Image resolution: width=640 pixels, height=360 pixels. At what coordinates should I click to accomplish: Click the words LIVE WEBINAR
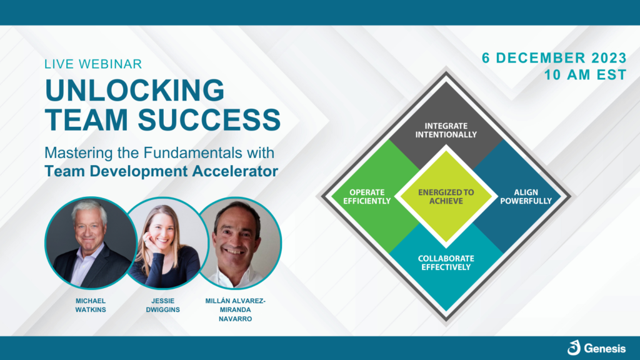pos(93,64)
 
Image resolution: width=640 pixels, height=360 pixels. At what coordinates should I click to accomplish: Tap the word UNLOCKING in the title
pos(135,90)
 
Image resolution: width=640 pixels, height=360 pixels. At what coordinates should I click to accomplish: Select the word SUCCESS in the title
pos(209,119)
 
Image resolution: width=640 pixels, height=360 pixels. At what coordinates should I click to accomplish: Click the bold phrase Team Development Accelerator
pos(161,171)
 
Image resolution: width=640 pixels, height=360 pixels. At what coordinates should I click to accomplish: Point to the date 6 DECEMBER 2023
pos(554,58)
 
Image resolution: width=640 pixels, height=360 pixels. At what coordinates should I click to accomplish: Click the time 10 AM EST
pos(585,75)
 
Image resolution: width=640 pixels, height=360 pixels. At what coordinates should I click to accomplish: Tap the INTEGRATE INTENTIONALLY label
pos(446,130)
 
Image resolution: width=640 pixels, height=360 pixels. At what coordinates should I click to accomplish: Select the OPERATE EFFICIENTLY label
pos(367,197)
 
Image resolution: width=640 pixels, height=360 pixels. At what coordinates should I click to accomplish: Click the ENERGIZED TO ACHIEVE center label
pos(446,197)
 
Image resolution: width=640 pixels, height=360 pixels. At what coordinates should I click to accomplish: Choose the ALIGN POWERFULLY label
pos(526,197)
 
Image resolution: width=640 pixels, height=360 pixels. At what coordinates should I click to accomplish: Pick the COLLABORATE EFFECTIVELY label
pos(446,263)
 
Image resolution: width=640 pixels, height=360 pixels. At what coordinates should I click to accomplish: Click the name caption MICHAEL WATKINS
pos(91,305)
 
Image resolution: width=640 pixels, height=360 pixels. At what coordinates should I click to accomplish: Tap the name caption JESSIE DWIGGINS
pos(163,305)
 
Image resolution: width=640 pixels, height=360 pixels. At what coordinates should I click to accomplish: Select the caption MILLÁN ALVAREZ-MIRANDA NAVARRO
pos(236,310)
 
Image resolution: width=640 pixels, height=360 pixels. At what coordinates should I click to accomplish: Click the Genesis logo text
pos(604,349)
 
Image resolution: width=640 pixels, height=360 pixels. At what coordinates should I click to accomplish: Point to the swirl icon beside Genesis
pos(574,347)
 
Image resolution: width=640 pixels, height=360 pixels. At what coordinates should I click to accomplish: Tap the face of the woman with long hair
pos(162,232)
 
